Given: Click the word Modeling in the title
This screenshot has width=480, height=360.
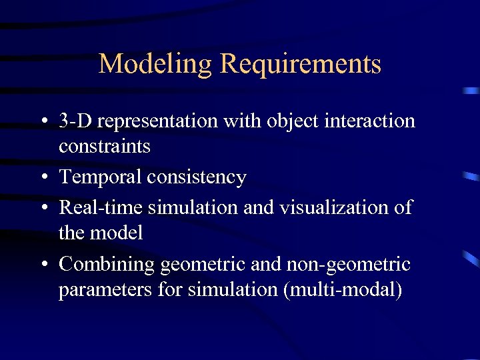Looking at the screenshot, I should (x=155, y=65).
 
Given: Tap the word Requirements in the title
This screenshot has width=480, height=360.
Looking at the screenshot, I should (x=300, y=65).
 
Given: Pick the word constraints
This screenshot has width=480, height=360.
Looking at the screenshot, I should (x=105, y=146).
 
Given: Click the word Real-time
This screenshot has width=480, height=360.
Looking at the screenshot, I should (x=101, y=207).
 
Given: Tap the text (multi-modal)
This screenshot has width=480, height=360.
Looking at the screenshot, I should (x=342, y=290).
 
